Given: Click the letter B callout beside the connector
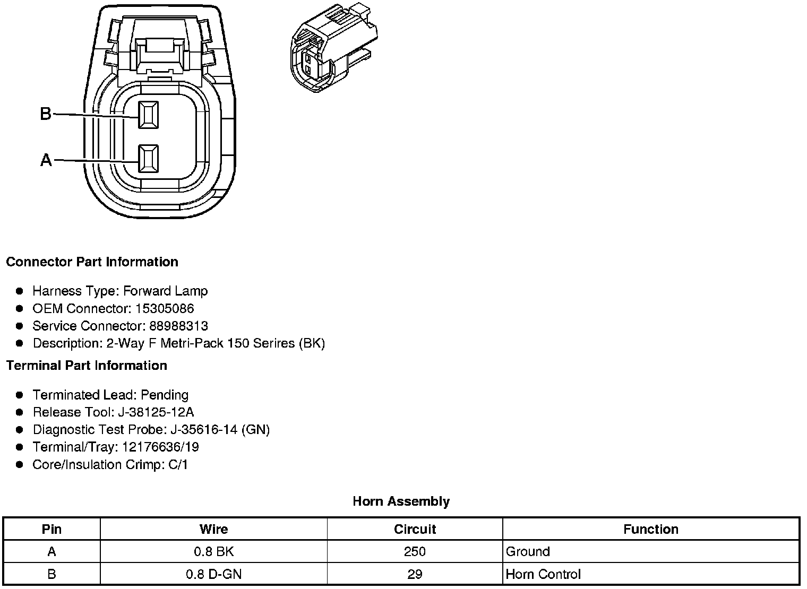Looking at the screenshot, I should tap(46, 114).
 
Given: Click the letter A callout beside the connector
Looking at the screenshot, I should tap(46, 160).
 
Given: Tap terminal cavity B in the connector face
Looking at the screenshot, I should tap(148, 115).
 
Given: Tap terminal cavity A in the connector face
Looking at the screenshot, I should tap(148, 159).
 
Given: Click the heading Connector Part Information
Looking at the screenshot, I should tap(92, 262).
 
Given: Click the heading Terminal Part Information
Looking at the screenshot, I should tap(87, 366).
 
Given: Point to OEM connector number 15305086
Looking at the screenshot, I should tap(165, 308).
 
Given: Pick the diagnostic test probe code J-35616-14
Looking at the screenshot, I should tap(207, 430).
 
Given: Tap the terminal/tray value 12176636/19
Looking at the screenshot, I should tap(160, 447).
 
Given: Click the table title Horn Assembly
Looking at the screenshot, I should tap(401, 501).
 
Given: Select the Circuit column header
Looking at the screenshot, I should tap(415, 530).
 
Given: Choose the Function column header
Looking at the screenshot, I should tap(650, 530).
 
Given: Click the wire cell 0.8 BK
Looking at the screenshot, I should tap(213, 552).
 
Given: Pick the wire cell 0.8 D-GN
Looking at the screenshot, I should tap(213, 574).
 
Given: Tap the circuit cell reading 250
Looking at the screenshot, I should tap(415, 552).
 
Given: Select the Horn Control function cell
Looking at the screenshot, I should tap(543, 574).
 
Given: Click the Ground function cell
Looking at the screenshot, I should tap(528, 552).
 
